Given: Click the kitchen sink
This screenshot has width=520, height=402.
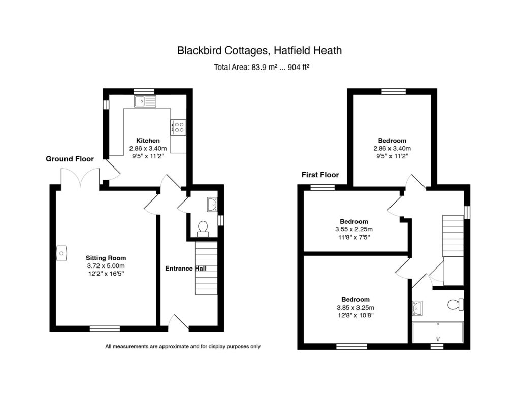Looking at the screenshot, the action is pos(145,101).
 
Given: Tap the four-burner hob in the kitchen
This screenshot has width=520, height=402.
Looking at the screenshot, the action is pos(178,127).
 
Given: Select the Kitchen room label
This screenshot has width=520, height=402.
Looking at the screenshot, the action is pos(148,141).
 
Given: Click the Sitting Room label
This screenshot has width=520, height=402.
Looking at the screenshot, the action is pos(106,258).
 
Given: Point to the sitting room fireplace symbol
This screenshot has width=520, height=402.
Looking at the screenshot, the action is pos(61,253).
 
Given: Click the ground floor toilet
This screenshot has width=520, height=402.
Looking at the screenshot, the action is pos(203,229).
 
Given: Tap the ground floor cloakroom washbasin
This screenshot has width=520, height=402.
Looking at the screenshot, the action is pos(212,205).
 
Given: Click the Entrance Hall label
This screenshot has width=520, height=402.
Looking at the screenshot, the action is pos(186,269).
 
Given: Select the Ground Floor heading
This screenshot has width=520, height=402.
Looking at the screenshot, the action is pos(70,159).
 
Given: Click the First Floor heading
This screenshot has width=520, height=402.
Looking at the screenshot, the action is pos(320,175).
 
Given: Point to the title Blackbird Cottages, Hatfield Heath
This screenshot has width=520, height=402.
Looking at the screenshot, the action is pos(259,50).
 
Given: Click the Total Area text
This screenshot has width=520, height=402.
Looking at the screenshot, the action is pos(262,68).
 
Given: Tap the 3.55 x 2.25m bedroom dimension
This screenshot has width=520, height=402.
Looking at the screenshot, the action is pos(353,229).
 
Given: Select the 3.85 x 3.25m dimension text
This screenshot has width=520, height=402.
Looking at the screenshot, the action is pos(355,308).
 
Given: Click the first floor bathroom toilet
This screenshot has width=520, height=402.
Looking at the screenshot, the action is pos(456,305).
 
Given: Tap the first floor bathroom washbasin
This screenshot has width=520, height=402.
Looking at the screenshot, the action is pos(417,308).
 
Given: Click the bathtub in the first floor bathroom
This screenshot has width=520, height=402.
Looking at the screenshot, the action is pos(438,332).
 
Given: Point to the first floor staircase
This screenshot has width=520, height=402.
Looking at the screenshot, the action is pos(453,236).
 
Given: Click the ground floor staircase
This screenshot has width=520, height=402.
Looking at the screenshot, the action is pos(206,268).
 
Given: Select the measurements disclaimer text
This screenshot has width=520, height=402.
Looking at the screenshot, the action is pos(183,346).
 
